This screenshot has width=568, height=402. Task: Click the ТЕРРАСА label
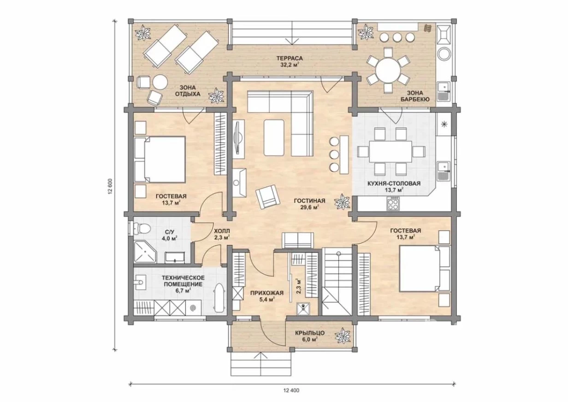pyautogui.click(x=290, y=59)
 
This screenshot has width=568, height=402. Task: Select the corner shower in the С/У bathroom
pyautogui.click(x=145, y=252)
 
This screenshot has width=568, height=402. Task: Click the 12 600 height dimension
pyautogui.click(x=110, y=186)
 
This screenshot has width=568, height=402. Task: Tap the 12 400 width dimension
pyautogui.click(x=291, y=390)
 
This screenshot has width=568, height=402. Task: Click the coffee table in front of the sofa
pyautogui.click(x=274, y=138)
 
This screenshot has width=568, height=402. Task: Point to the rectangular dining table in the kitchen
pyautogui.click(x=390, y=152)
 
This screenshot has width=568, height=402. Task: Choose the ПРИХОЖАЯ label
pyautogui.click(x=267, y=293)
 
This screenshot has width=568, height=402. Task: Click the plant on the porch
pyautogui.click(x=343, y=336)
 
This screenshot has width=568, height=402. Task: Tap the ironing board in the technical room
pyautogui.click(x=219, y=298)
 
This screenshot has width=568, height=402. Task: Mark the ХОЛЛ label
pyautogui.click(x=222, y=231)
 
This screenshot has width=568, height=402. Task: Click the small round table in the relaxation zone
pyautogui.click(x=160, y=82)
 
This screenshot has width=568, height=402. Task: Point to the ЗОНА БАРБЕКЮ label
pyautogui.click(x=414, y=96)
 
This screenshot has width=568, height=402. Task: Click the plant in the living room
pyautogui.click(x=342, y=202)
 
